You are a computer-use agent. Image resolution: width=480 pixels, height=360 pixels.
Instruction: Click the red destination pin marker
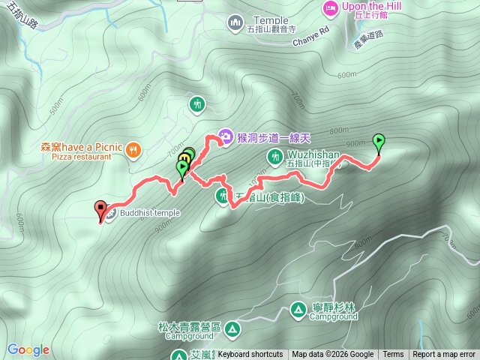pos(100,210)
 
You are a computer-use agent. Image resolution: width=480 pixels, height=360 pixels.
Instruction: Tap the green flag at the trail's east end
pos(379,140)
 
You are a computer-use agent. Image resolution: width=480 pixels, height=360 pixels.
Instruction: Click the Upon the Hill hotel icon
pos(330,8)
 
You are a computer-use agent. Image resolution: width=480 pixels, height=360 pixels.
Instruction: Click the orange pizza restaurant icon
pos(133,148)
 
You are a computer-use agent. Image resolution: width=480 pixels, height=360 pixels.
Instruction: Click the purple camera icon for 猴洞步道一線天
pos(225,136)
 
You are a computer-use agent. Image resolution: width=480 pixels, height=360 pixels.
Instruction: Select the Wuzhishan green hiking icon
pos(274,156)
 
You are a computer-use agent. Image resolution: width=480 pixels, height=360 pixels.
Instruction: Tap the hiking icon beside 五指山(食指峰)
pos(222,196)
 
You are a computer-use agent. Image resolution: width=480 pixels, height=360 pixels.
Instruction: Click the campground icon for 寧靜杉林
pos(298,309)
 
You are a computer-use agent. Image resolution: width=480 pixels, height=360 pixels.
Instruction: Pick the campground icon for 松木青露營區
pos(232,328)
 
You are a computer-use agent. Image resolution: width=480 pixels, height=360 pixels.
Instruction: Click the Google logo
pos(28,349)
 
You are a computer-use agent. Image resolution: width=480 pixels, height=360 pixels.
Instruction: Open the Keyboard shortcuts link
pos(250,355)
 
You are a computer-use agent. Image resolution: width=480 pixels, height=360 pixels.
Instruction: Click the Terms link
pos(393,355)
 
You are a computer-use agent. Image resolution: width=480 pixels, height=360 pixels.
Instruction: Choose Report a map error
pos(444,355)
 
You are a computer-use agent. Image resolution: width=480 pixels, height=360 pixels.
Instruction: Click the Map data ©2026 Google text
pos(333,355)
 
